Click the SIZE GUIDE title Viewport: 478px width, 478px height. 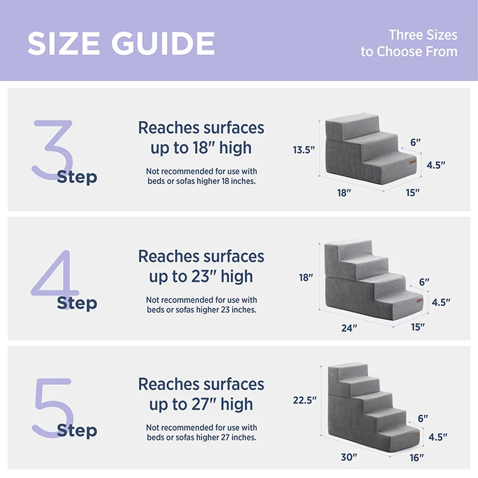tap(121, 43)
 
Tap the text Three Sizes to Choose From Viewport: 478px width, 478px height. tap(409, 43)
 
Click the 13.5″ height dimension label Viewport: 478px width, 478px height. tap(304, 150)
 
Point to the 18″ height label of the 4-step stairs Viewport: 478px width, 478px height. tap(306, 277)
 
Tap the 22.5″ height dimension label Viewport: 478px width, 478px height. tap(305, 400)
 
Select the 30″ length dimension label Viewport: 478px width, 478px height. tap(349, 456)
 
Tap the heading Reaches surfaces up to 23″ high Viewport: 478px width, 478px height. tap(201, 266)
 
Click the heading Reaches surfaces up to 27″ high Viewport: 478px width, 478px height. tap(201, 394)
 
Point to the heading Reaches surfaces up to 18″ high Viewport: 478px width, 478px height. tap(201, 138)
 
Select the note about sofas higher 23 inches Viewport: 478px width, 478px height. tap(201, 305)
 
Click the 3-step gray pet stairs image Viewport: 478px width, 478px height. tap(370, 149)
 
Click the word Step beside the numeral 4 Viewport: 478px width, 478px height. tap(76, 303)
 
